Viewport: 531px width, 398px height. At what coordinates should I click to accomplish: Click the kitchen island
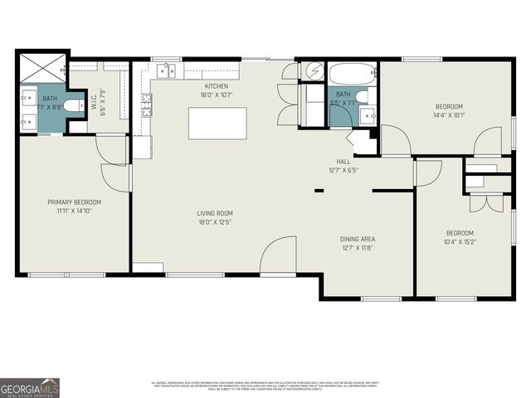tap(217, 123)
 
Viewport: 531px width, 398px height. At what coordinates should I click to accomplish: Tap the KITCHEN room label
tap(217, 86)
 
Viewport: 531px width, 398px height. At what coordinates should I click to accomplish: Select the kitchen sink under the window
tap(168, 71)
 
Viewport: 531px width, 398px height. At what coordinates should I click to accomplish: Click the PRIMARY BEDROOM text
tap(74, 202)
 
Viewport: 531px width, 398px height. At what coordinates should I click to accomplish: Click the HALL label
tap(343, 162)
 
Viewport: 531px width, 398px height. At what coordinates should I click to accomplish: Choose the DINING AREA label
tap(357, 239)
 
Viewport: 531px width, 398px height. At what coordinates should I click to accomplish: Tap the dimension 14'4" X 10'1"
tap(449, 115)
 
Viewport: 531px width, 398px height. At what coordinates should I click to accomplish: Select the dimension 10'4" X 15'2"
tap(459, 242)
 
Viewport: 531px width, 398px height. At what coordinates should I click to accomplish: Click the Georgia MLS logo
tap(30, 387)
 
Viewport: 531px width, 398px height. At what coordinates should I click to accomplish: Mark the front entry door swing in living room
tap(279, 255)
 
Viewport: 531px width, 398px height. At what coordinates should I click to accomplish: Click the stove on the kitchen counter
tap(146, 104)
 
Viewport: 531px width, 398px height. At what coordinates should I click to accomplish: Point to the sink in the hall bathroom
tap(367, 114)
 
